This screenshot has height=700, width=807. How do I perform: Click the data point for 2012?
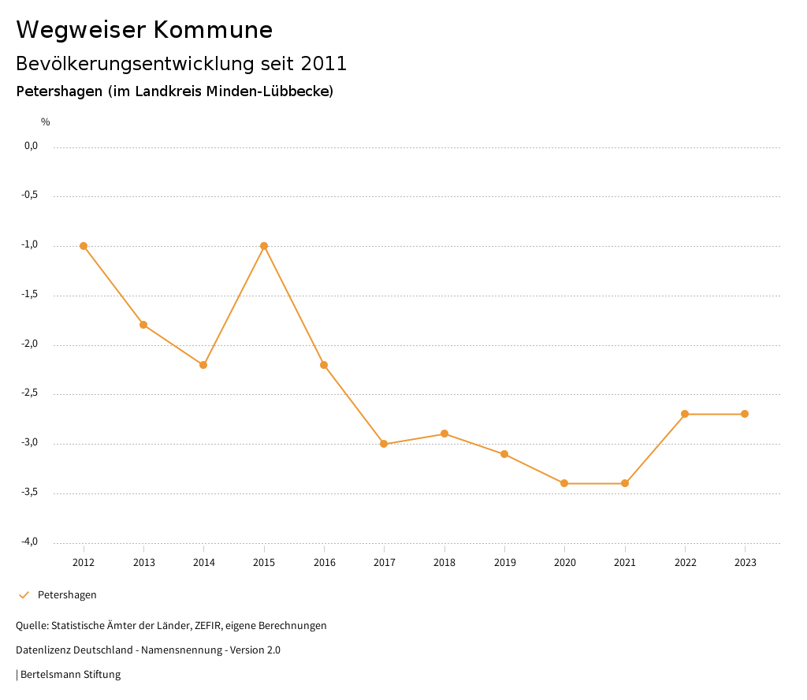(84, 246)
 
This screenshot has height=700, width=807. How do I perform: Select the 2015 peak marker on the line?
(264, 246)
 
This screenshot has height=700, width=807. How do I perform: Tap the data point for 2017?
(384, 444)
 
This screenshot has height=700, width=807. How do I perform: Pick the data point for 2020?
(564, 483)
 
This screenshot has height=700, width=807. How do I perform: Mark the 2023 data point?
(745, 414)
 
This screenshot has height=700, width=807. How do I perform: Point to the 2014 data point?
(203, 365)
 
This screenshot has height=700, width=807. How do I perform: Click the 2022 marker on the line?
(685, 414)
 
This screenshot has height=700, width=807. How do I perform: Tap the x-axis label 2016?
(324, 562)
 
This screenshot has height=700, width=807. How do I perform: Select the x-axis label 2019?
(504, 562)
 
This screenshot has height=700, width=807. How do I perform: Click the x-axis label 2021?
(625, 562)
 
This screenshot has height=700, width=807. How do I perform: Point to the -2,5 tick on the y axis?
(30, 393)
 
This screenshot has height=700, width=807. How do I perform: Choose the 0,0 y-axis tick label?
(31, 146)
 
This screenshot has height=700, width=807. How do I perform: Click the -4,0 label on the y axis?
(30, 542)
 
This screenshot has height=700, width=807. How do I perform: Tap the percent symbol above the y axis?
(46, 121)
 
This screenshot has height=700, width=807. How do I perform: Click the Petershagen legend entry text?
(67, 594)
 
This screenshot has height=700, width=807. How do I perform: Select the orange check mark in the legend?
(24, 594)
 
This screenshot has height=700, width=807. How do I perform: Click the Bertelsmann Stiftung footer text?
(70, 674)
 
